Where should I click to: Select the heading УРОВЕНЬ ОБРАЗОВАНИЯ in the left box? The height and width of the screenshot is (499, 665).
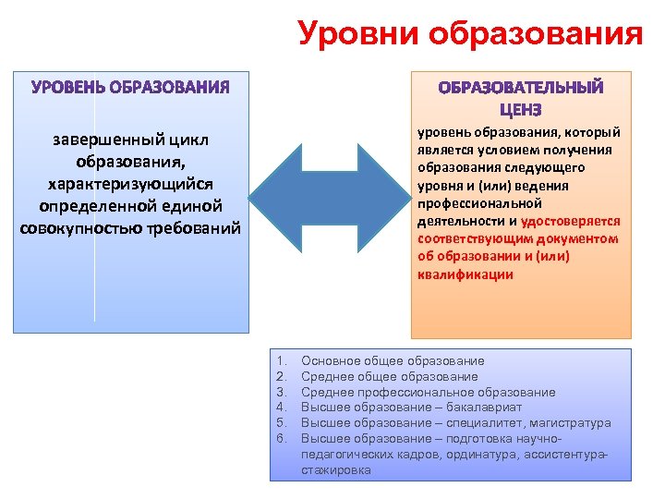[130, 88]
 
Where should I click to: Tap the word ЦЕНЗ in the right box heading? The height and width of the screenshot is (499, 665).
[522, 108]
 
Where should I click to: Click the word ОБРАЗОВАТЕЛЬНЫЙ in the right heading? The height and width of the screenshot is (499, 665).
[521, 89]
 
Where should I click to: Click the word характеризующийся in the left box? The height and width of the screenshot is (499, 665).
[130, 183]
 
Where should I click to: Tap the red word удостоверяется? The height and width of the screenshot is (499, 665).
[571, 222]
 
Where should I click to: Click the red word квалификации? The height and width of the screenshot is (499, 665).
[465, 274]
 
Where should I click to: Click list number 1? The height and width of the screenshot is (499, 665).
[282, 360]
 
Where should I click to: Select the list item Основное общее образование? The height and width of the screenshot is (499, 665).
[393, 360]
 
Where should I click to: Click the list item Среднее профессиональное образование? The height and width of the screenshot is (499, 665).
[429, 392]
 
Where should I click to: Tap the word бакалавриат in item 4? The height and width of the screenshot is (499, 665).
[490, 408]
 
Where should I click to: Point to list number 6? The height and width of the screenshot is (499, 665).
[282, 439]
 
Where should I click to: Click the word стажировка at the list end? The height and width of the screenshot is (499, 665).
[336, 470]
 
